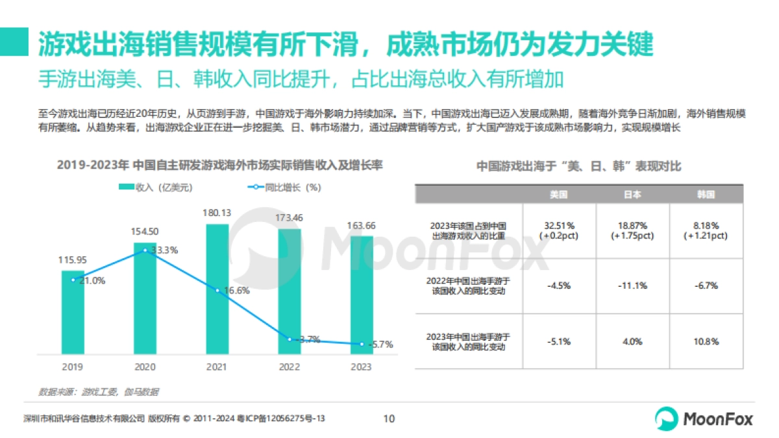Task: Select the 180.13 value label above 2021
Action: pos(217,213)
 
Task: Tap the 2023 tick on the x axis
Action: pos(361,367)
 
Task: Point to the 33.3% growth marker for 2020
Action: pos(145,250)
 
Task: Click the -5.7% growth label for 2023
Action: pos(380,345)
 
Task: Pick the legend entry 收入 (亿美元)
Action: pos(156,188)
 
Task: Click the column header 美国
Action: pos(558,194)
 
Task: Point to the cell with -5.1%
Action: pos(558,341)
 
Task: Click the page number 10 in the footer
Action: pos(389,419)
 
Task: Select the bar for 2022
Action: pos(290,292)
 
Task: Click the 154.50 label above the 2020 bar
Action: pos(145,232)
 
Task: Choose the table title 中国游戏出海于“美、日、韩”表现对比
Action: pos(579,166)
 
